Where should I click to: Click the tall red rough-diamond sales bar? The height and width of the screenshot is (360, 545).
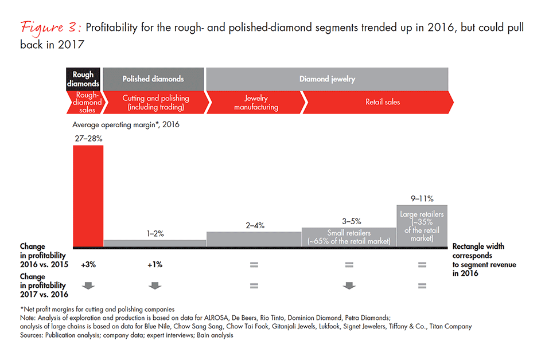88,195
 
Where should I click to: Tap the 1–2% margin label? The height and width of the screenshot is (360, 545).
155,233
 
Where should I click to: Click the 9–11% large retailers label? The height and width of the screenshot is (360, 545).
422,199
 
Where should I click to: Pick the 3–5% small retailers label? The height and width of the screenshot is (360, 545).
349,222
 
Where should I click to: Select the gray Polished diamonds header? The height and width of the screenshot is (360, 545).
153,78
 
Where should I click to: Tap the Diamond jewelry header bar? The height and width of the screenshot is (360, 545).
327,78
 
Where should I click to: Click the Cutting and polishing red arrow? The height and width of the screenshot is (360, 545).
155,102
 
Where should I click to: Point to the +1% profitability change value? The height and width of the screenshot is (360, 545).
154,264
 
